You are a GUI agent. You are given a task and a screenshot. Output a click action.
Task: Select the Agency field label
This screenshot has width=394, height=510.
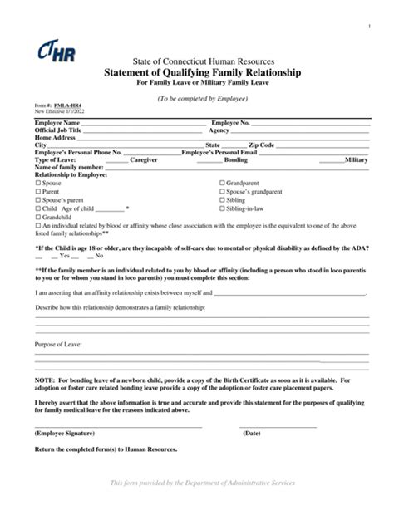pyautogui.click(x=219, y=131)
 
